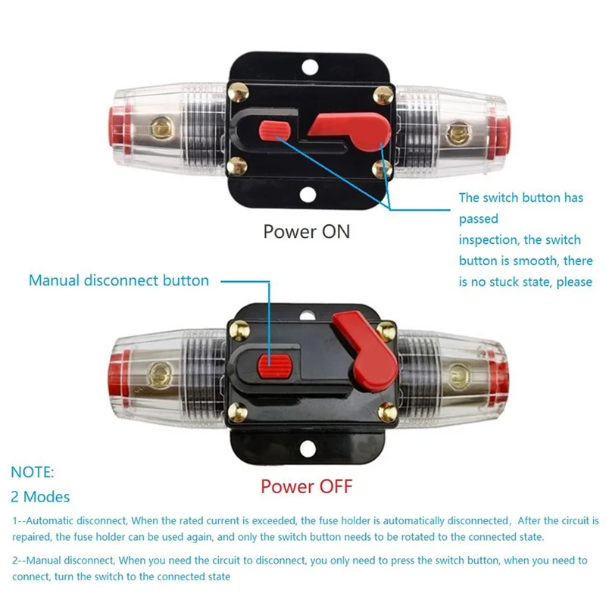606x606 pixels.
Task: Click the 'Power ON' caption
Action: click(x=307, y=231)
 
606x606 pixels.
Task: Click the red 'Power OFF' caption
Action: click(x=307, y=486)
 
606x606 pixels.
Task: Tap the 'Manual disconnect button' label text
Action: click(x=119, y=280)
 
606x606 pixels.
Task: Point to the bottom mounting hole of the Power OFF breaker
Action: click(x=307, y=449)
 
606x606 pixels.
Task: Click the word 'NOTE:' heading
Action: click(x=33, y=472)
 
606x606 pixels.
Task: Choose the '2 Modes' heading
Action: click(x=40, y=497)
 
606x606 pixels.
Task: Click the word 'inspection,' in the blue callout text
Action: click(x=489, y=240)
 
